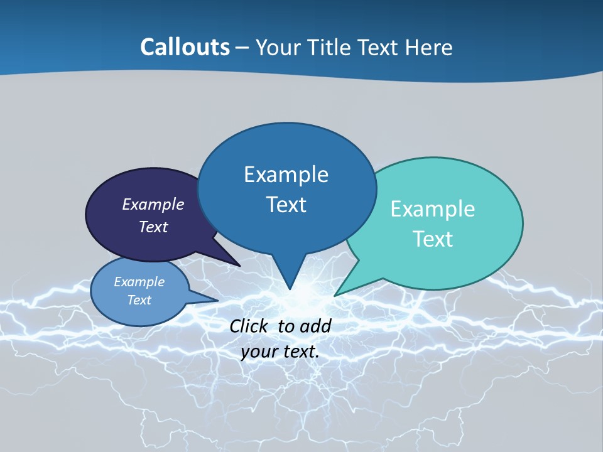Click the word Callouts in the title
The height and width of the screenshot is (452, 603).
185,47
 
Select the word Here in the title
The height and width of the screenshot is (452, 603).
430,47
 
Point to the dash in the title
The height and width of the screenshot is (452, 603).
242,48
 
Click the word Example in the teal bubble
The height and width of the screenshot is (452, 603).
433,209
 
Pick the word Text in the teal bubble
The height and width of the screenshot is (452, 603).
433,239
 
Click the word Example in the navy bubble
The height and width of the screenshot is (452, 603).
153,204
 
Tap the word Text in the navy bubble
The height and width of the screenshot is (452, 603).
153,227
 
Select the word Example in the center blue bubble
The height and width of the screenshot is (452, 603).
286,175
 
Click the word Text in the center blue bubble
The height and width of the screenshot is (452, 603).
286,205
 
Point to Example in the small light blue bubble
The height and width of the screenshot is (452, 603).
139,282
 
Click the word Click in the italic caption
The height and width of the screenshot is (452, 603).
250,326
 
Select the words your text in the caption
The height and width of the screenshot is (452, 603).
280,352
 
